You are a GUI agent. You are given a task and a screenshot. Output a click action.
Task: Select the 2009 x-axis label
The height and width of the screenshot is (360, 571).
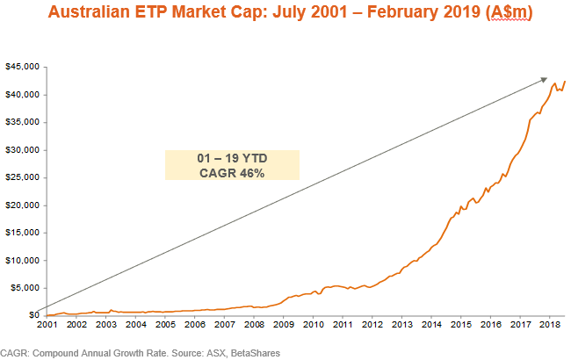pos(283,325)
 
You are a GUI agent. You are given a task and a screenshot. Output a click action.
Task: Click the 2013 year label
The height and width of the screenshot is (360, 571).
pos(401,325)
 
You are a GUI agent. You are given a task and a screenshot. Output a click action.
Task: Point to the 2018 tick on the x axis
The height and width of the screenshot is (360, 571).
pos(550,325)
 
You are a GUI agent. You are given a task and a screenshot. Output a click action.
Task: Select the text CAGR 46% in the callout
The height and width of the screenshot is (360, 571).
pos(233,173)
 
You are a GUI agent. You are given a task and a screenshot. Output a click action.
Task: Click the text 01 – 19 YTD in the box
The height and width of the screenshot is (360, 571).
pos(233,158)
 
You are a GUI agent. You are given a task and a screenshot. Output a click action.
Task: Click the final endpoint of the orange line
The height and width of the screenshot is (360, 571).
pos(564,82)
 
